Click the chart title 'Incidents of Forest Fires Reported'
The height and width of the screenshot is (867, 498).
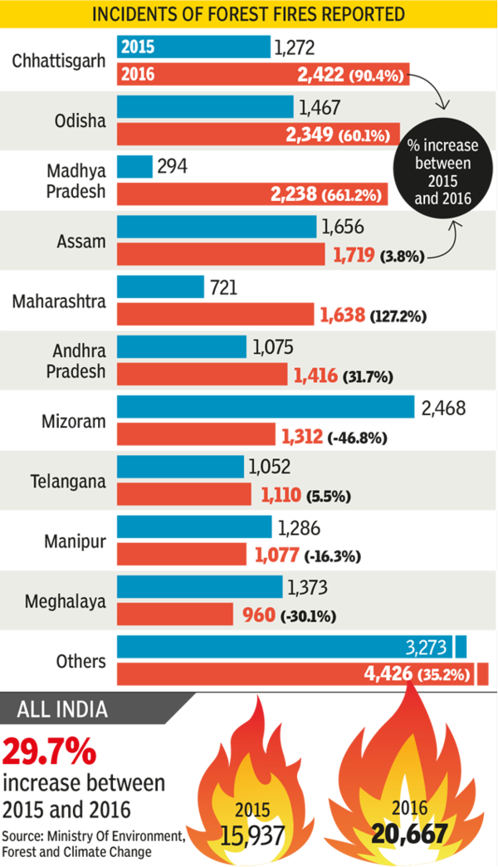click(248, 14)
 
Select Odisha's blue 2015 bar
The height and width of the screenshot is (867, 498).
click(205, 106)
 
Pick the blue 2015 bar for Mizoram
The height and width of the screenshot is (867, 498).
click(266, 407)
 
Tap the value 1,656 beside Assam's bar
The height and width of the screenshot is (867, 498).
click(341, 227)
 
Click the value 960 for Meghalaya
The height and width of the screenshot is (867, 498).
click(258, 616)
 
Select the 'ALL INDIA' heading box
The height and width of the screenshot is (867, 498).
click(63, 709)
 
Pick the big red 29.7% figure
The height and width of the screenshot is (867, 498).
click(50, 752)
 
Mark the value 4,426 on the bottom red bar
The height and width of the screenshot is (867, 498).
click(388, 673)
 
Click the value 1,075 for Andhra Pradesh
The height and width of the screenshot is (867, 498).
click(272, 346)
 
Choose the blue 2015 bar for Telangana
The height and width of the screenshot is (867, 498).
click(180, 467)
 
